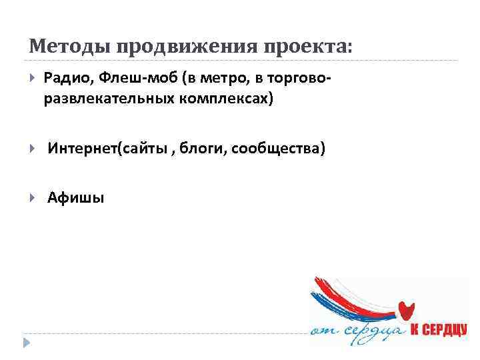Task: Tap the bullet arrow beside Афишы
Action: click(x=33, y=198)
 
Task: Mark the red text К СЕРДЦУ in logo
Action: click(x=438, y=331)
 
